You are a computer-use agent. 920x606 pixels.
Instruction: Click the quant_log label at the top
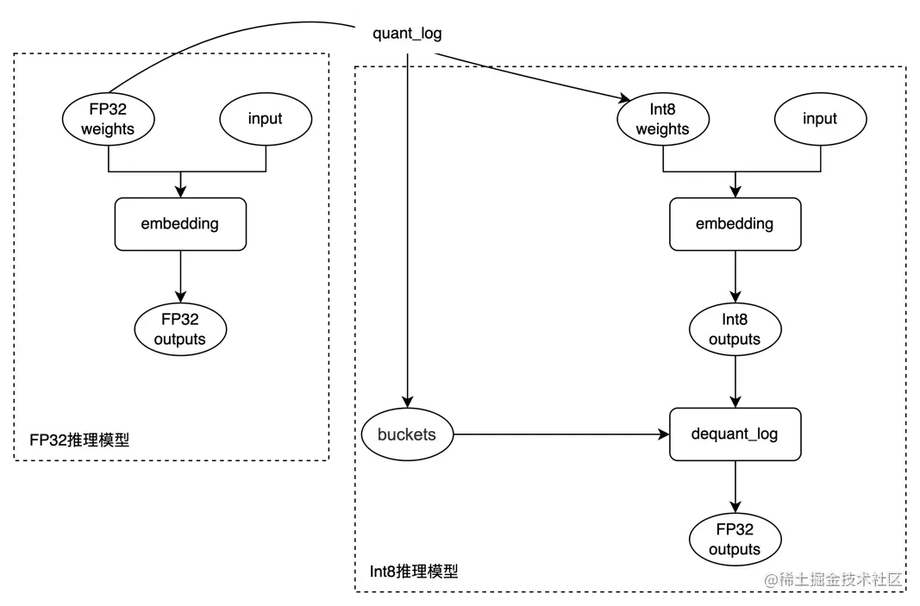(x=407, y=34)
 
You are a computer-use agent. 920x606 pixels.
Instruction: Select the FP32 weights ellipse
(x=109, y=119)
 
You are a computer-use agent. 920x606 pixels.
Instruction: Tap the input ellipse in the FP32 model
(x=266, y=119)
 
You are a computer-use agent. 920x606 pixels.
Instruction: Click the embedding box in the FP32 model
(x=181, y=224)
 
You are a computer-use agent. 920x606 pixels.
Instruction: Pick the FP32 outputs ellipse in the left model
(x=181, y=329)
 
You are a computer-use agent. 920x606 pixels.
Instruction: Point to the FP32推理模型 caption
(x=79, y=440)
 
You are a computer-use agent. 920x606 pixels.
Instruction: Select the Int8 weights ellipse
(x=663, y=119)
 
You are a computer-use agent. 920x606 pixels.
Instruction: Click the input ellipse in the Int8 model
(x=820, y=119)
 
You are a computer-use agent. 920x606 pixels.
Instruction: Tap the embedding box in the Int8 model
(x=735, y=224)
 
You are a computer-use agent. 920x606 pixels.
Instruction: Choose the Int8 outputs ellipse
(x=735, y=329)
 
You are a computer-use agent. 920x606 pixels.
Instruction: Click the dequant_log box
(x=735, y=434)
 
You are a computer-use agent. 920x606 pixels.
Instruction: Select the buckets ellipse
(x=407, y=434)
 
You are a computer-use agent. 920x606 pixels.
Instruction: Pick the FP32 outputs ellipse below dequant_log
(x=735, y=539)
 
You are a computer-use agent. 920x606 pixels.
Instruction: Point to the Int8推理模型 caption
(x=414, y=572)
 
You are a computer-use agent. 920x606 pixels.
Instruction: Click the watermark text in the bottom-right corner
(x=833, y=580)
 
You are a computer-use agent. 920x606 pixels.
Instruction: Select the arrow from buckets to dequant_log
(x=561, y=434)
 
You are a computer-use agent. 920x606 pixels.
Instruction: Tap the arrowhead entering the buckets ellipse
(x=407, y=402)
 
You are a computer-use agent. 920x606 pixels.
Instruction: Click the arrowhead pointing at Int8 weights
(x=625, y=98)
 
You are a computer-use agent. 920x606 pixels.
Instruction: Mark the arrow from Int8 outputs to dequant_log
(x=735, y=381)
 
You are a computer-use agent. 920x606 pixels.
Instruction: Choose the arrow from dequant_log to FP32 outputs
(x=735, y=486)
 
